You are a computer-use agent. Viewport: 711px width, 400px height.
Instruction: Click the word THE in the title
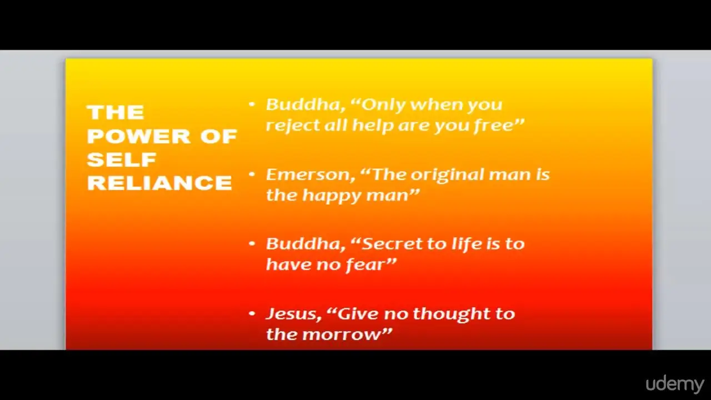click(x=116, y=112)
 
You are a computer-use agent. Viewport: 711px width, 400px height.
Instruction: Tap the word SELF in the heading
click(x=122, y=159)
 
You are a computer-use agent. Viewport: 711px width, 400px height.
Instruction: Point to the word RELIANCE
click(x=159, y=183)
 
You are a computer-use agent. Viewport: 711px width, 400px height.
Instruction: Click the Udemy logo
click(x=675, y=384)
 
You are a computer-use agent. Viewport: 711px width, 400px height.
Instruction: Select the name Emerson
click(x=310, y=174)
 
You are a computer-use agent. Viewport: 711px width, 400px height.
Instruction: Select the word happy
click(x=332, y=196)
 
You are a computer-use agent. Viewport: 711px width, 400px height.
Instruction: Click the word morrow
click(x=347, y=334)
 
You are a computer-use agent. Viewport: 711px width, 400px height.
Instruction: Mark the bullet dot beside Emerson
click(x=252, y=174)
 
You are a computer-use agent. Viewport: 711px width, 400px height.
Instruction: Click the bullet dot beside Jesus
click(x=252, y=314)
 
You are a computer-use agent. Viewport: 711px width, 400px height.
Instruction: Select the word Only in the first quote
click(x=378, y=105)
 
